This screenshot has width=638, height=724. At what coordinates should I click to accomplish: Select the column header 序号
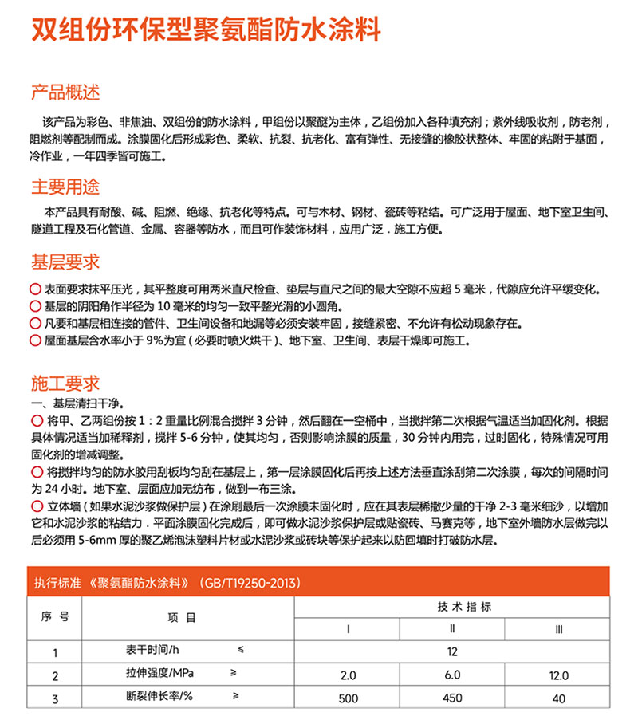55,617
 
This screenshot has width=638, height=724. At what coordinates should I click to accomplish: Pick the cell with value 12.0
558,675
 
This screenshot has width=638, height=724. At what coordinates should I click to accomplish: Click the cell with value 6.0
452,675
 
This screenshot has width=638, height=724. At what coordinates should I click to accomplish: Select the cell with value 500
348,698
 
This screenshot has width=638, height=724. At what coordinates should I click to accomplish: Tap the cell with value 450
452,698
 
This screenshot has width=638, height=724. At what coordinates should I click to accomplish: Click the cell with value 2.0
348,675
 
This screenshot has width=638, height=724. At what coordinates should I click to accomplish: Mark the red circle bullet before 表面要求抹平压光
35,289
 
